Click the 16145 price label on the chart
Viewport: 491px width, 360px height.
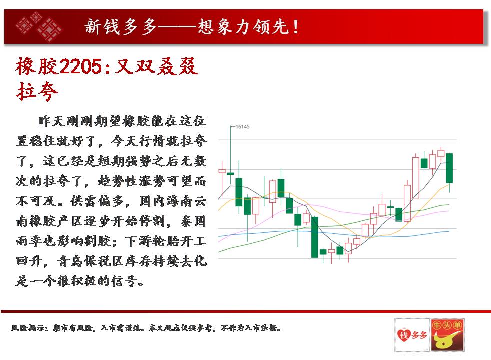pyautogui.click(x=242, y=127)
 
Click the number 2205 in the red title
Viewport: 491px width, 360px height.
pyautogui.click(x=80, y=66)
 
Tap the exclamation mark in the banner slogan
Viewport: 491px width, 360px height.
pyautogui.click(x=295, y=27)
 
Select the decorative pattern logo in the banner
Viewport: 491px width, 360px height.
pyautogui.click(x=39, y=26)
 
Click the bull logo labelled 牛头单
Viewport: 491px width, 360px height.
pyautogui.click(x=447, y=335)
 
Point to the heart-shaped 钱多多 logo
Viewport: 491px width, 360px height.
pyautogui.click(x=412, y=335)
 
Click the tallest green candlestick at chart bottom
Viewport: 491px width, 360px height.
pyautogui.click(x=314, y=237)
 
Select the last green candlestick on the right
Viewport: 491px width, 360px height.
pyautogui.click(x=449, y=168)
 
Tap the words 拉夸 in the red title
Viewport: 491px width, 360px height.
pyautogui.click(x=37, y=91)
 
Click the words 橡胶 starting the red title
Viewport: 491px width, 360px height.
pyautogui.click(x=37, y=66)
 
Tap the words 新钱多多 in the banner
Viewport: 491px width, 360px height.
pyautogui.click(x=121, y=27)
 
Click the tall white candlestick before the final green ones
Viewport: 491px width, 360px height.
pyautogui.click(x=416, y=178)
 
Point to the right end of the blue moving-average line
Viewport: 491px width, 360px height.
pyautogui.click(x=449, y=231)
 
